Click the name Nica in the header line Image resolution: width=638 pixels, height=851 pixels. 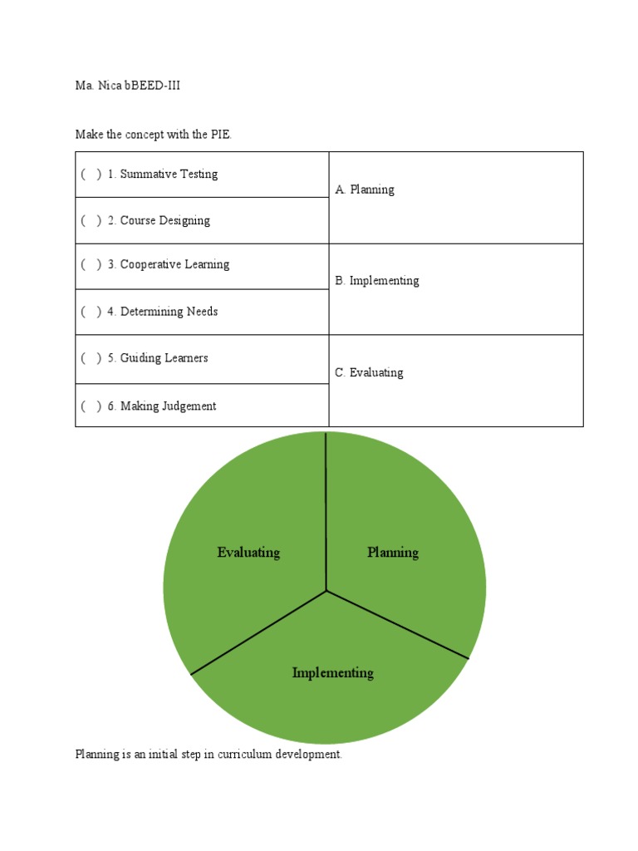(110, 86)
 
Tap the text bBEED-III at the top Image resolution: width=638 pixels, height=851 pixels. (152, 86)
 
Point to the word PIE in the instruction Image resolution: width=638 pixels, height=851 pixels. (219, 135)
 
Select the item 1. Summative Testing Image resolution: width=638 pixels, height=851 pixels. (163, 175)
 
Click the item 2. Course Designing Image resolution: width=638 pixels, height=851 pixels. (159, 221)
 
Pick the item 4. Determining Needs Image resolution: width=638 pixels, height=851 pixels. (163, 312)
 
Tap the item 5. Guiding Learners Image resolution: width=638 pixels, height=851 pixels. (158, 358)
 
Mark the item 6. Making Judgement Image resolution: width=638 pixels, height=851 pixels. (162, 406)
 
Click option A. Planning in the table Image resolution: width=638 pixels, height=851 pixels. (365, 190)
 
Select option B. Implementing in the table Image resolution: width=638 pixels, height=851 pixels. (377, 281)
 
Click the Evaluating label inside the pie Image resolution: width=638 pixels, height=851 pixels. (248, 553)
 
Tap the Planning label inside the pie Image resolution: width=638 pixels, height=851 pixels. (393, 553)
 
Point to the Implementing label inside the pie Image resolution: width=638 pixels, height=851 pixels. (332, 673)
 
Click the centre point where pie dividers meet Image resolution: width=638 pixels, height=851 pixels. (326, 591)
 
